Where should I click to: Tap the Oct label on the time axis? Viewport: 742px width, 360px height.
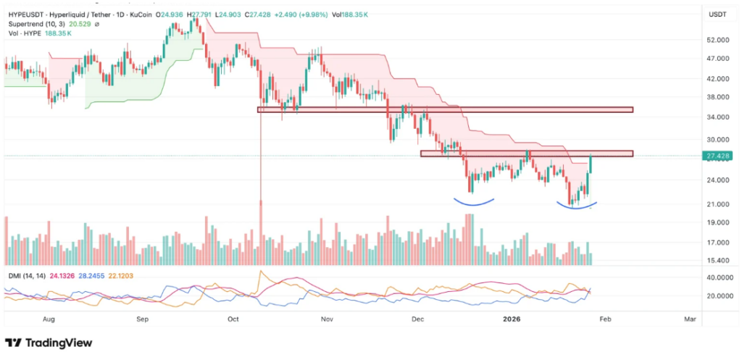coord(233,319)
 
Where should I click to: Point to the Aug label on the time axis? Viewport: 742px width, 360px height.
coord(49,319)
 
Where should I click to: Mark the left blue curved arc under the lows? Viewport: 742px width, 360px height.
coord(474,201)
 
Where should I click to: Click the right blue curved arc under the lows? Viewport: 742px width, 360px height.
coord(577,206)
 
